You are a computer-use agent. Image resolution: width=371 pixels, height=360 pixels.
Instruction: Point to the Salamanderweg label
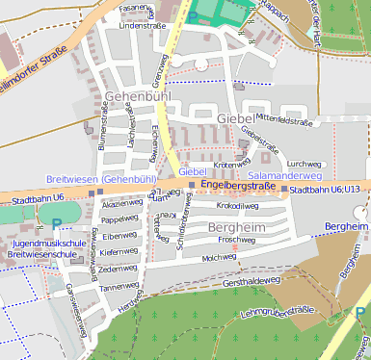click(284, 176)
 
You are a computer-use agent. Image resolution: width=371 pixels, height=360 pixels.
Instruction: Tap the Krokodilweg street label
click(237, 206)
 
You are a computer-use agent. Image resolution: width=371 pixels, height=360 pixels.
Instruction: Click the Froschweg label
click(237, 240)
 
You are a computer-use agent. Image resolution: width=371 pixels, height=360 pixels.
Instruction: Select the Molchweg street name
click(219, 258)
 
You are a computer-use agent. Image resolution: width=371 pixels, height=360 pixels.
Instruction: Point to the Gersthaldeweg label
click(252, 283)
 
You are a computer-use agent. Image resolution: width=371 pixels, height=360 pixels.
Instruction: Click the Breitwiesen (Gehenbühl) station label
click(101, 179)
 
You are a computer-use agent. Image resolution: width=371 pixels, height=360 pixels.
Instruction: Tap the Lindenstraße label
click(136, 26)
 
